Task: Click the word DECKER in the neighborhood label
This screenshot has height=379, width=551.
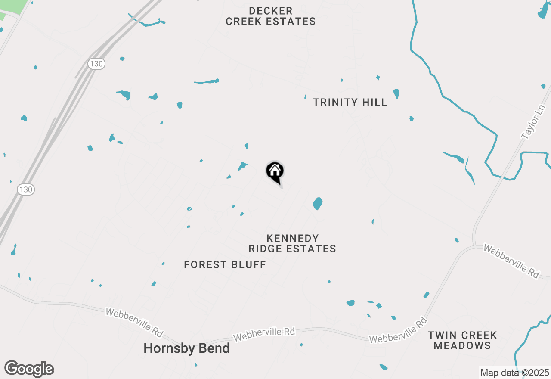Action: tap(271, 11)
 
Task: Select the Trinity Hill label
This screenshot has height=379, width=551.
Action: tap(350, 102)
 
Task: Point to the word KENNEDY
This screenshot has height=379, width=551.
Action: tap(292, 238)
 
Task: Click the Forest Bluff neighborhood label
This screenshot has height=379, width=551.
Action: tap(225, 264)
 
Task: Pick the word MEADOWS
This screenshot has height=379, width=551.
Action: tap(462, 345)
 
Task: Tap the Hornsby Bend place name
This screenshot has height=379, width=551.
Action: tap(186, 348)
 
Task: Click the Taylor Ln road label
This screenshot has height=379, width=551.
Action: tap(533, 123)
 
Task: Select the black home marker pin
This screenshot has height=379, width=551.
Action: tap(275, 171)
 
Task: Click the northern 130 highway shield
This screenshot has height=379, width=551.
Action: tap(96, 64)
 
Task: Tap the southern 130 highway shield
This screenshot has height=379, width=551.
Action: tap(26, 189)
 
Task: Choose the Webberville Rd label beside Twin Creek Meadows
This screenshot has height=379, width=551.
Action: tap(398, 330)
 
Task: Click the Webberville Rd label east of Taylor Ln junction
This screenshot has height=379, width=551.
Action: tap(511, 261)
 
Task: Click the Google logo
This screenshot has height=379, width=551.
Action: tap(29, 369)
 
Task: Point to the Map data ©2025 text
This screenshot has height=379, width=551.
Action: tap(514, 373)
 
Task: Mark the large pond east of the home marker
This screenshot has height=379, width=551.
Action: tap(318, 203)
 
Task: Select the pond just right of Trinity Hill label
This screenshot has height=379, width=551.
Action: tap(396, 93)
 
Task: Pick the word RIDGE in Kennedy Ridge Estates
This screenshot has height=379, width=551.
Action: tap(266, 249)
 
